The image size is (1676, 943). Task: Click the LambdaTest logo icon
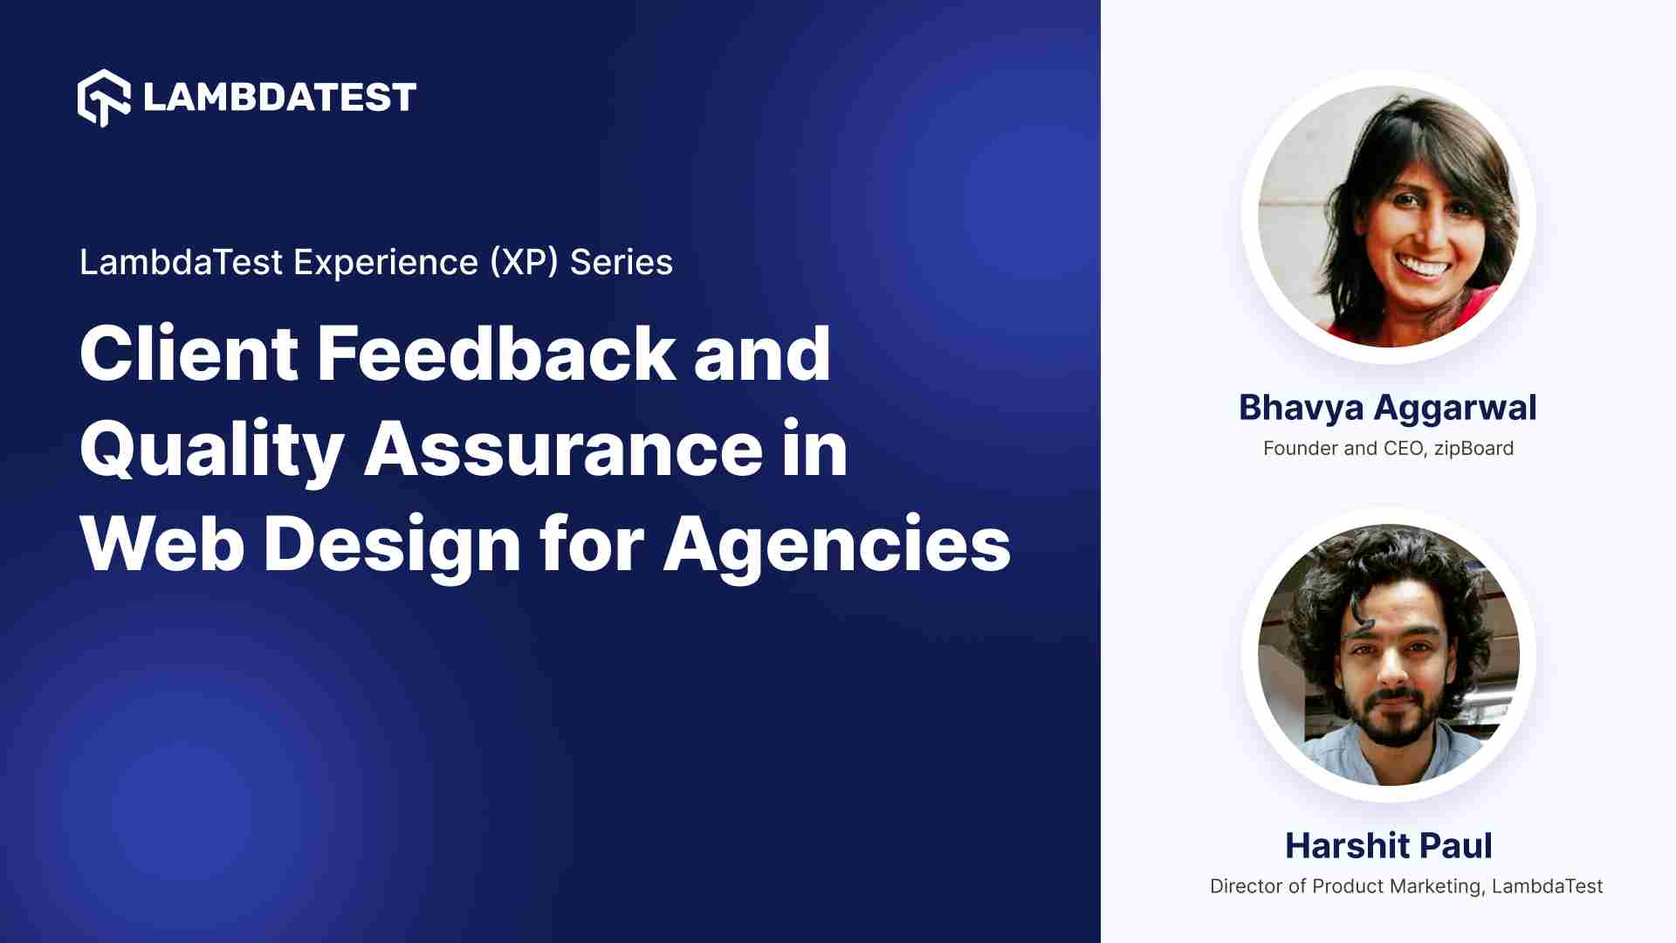coord(104,97)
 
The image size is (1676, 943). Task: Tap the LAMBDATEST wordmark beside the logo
coord(279,98)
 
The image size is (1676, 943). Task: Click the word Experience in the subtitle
coord(385,262)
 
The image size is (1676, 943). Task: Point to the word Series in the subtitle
coord(622,262)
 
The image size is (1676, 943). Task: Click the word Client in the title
coord(189,354)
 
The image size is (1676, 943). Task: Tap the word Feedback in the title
coord(495,354)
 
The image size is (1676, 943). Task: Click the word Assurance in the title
coord(563,450)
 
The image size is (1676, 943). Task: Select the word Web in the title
coord(161,544)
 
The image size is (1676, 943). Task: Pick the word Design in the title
coord(392,544)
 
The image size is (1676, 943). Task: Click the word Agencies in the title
coord(836,544)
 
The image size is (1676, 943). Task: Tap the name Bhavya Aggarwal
coord(1388,408)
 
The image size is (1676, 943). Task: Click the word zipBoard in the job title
coord(1473,449)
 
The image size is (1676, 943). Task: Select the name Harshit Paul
coord(1388,846)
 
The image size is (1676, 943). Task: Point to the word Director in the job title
coord(1246,886)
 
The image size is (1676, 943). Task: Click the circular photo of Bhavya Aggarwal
coord(1388,217)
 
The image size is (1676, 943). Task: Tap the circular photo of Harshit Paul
coord(1388,655)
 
